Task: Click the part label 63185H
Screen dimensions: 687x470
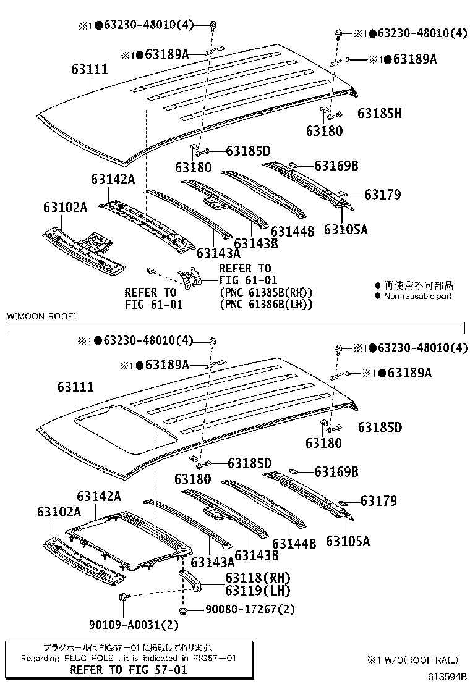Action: [380, 114]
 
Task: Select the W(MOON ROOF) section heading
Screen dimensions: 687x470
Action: [41, 316]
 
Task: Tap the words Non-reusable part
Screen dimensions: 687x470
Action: [418, 296]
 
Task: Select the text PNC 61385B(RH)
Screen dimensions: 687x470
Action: [266, 292]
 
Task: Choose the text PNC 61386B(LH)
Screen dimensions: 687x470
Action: [266, 304]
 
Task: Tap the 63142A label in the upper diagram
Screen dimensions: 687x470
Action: [113, 179]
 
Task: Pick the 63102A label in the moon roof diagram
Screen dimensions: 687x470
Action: [59, 512]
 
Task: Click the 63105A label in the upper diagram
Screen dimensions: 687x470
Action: [346, 230]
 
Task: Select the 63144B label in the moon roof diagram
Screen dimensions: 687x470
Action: [294, 544]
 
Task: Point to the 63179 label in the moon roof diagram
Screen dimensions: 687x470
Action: [379, 500]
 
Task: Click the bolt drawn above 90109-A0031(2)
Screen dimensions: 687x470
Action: [123, 596]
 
